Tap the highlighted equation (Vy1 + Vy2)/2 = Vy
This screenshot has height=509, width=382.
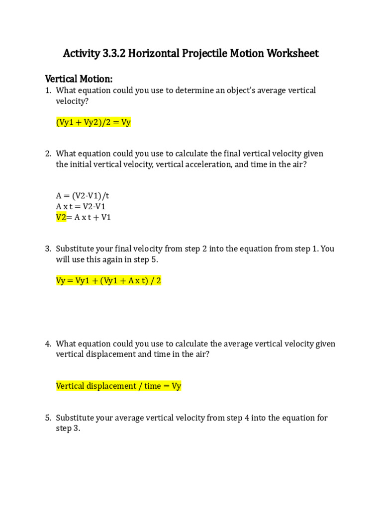(94, 122)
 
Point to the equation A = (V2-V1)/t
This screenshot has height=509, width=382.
(86, 195)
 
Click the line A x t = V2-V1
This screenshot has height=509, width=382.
(84, 206)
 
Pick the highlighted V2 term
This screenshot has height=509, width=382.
(61, 217)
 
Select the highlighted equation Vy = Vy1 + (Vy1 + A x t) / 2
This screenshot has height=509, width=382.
(108, 281)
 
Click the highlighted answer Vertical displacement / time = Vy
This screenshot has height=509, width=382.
(118, 386)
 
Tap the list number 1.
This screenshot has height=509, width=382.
(48, 90)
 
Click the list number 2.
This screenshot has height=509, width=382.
(48, 154)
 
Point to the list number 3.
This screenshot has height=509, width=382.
(48, 249)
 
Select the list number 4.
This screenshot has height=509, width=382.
(48, 343)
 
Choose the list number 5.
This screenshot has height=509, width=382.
(48, 418)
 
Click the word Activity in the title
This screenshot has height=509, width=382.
(81, 53)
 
